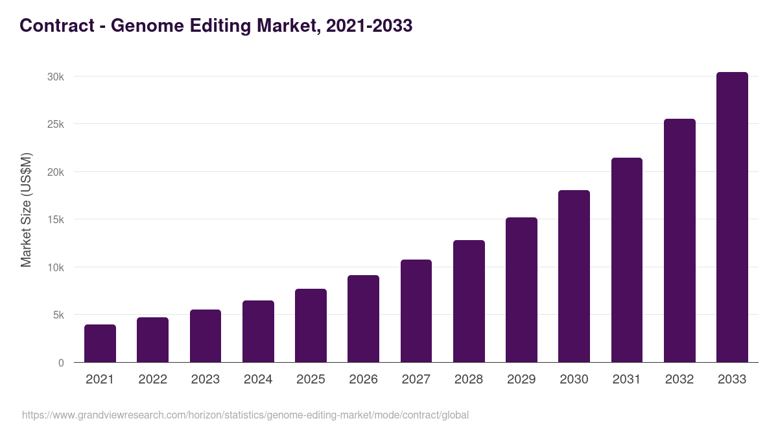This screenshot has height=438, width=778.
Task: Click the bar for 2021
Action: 100,343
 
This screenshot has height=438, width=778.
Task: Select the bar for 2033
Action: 732,217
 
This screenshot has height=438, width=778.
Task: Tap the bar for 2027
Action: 416,311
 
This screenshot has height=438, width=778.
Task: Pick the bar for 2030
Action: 574,276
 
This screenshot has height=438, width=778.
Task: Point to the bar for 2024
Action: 258,332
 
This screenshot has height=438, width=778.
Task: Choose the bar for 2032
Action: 679,241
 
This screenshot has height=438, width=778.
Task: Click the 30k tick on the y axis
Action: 56,77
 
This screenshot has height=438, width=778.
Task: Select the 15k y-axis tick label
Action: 56,219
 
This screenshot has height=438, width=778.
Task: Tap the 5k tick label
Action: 58,315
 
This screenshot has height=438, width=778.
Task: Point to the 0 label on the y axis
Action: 61,363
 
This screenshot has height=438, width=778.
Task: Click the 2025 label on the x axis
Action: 311,380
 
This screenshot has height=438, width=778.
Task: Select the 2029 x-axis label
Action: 521,380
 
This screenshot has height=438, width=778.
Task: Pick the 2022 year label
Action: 152,380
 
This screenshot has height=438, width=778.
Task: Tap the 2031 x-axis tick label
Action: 627,380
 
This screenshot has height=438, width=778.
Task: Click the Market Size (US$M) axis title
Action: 26,210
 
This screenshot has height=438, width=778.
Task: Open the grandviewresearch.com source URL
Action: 245,415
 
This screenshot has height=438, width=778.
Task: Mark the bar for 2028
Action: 469,301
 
